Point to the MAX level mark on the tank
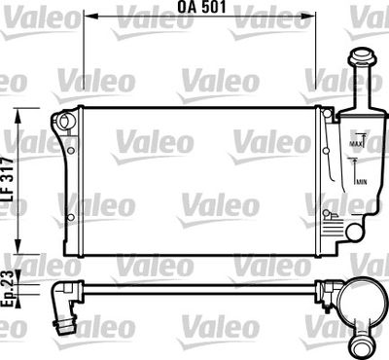355,144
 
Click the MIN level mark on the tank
360,182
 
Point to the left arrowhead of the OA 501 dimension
88,17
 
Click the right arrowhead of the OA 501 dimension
320,17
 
